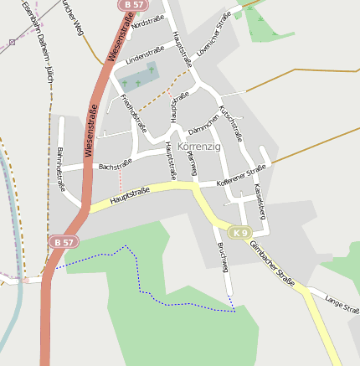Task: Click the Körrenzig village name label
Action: (x=198, y=146)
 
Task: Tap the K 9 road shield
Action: (x=240, y=232)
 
